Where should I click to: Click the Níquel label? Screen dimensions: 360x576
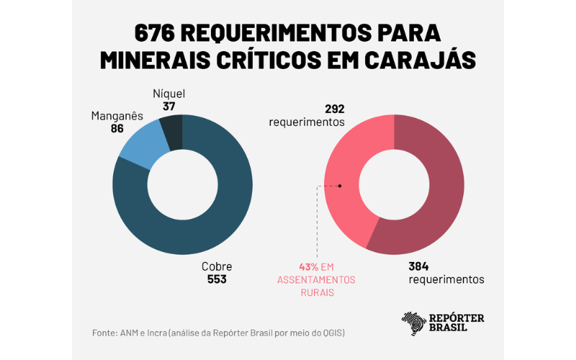(x=169, y=94)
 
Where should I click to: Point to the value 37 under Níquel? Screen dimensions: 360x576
(x=169, y=107)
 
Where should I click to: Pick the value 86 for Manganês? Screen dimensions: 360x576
(x=117, y=129)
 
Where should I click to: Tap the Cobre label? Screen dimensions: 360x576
(x=217, y=266)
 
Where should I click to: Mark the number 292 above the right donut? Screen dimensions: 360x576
(x=334, y=109)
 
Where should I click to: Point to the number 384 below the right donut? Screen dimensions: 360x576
(x=418, y=266)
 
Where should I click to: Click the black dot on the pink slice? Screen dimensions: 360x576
(x=340, y=186)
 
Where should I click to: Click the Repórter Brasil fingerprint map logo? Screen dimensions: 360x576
(x=413, y=323)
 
